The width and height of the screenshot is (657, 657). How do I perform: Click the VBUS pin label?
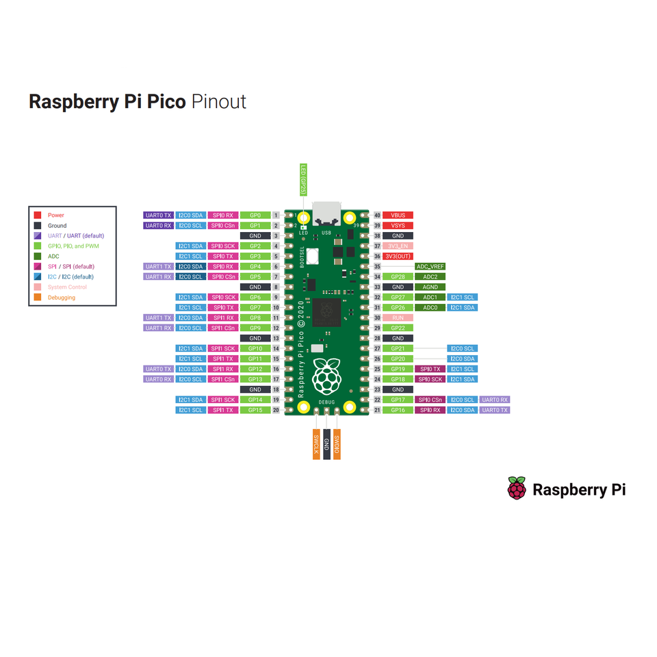tap(398, 215)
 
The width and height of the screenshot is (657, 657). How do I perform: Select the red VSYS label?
tap(398, 225)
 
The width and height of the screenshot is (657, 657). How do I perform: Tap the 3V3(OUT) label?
tap(398, 256)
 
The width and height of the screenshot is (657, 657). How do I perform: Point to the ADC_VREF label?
tap(430, 266)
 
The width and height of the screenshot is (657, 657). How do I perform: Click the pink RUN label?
tap(398, 318)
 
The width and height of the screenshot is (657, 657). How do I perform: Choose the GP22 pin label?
tap(398, 328)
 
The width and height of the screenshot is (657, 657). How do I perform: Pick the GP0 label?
tap(255, 215)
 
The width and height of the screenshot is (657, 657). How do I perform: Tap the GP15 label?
tap(255, 410)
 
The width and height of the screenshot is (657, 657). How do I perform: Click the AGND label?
tap(430, 287)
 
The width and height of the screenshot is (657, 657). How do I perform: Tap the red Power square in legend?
tap(38, 215)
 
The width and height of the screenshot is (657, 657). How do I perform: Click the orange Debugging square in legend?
tap(38, 297)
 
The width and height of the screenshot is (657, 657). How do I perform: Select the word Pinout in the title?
tap(218, 101)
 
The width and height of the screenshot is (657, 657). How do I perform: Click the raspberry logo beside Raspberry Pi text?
tap(517, 489)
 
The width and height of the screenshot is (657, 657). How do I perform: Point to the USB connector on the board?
tap(326, 214)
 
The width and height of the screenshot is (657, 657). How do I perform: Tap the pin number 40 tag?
tap(377, 215)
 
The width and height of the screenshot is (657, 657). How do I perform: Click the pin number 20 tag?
tap(275, 410)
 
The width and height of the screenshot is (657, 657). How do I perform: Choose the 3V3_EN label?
tap(398, 246)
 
